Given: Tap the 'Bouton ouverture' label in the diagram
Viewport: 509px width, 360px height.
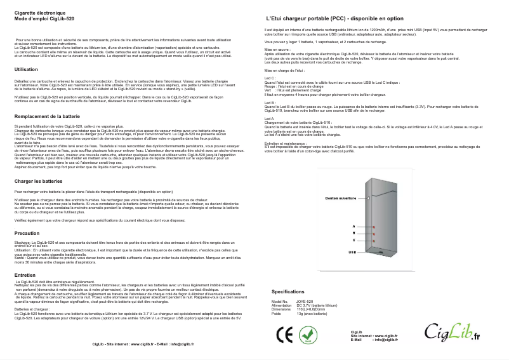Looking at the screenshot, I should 341,199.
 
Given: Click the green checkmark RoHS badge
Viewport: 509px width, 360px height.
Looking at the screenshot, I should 308,335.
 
